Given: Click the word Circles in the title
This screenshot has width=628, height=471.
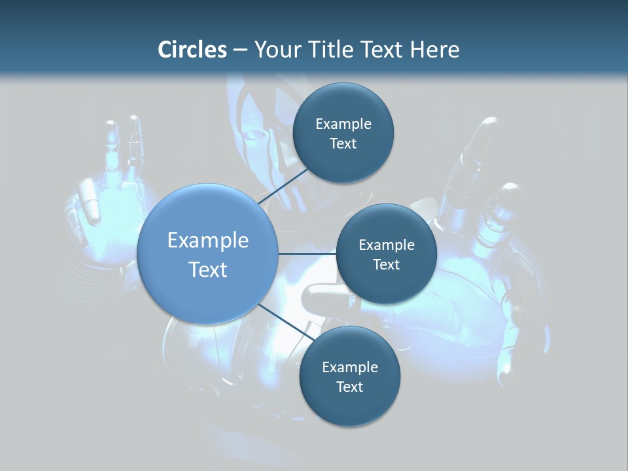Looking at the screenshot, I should (192, 50).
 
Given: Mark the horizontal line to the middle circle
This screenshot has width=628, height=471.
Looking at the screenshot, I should (307, 254).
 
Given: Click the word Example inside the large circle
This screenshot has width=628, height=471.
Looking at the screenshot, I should (208, 241).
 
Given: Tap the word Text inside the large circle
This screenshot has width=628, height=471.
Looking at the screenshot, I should (208, 270).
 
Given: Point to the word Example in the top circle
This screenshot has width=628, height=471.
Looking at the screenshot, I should (343, 124).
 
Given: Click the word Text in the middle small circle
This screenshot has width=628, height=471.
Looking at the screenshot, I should (386, 264).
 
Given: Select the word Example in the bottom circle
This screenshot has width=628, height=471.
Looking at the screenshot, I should (349, 368).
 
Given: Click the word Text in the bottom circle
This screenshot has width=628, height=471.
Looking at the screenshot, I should (349, 387).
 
